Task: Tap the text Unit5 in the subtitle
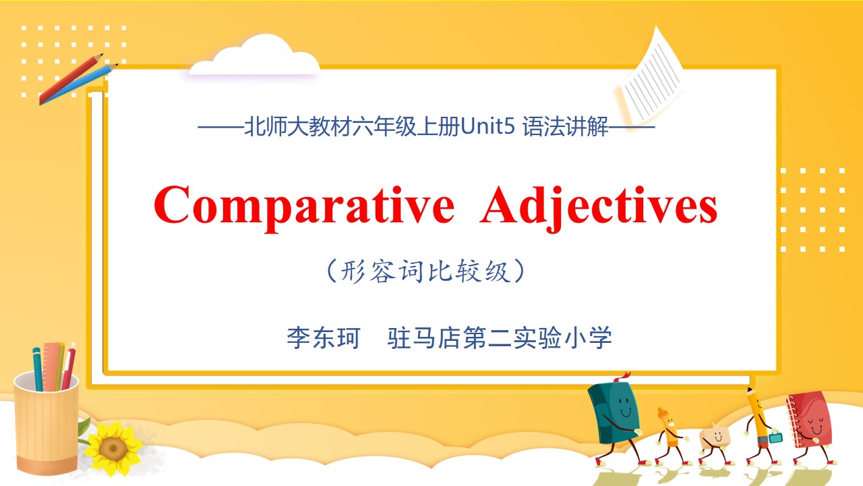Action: (487, 126)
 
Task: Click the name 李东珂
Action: (324, 338)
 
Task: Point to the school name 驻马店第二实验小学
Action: (500, 338)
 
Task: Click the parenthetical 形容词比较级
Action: (425, 271)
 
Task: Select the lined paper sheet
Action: (651, 76)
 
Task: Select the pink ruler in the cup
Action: (53, 366)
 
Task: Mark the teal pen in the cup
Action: (38, 369)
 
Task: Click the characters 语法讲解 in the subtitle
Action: (566, 126)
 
